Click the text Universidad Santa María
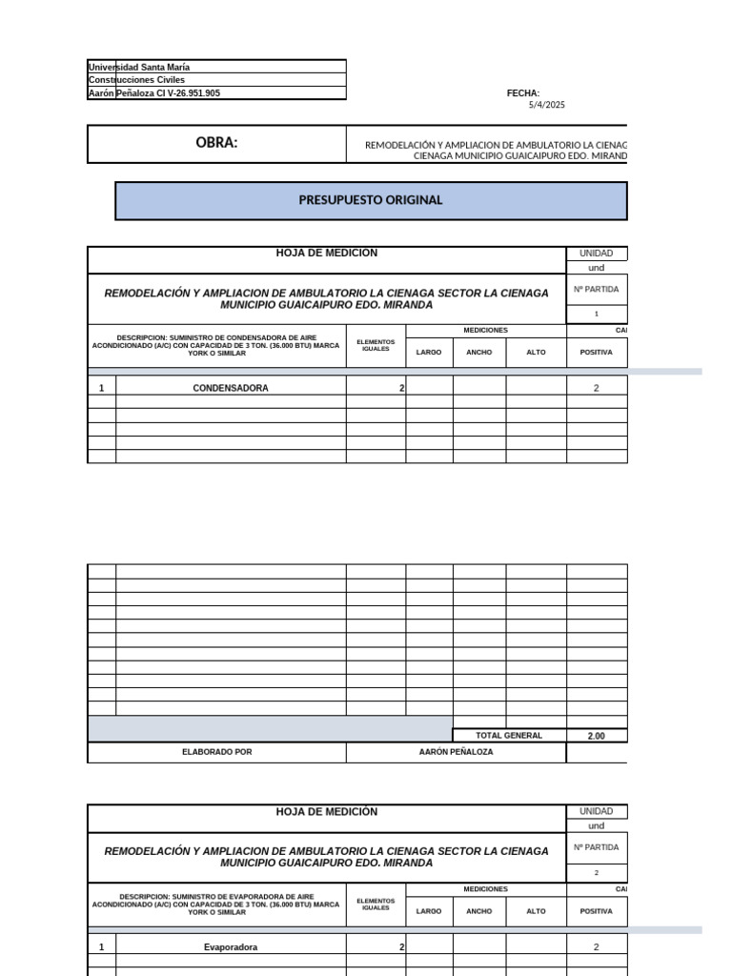(x=138, y=68)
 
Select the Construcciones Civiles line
(x=136, y=80)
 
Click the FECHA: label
(x=523, y=93)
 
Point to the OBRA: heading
(x=216, y=143)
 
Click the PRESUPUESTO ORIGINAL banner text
(x=371, y=200)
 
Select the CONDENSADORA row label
(x=231, y=388)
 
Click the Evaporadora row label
(x=231, y=947)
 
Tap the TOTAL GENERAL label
(x=509, y=736)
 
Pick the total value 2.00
(x=596, y=736)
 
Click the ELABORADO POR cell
(x=216, y=752)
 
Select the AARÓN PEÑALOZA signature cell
(x=456, y=752)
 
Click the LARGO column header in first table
(x=429, y=353)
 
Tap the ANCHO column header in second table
(x=479, y=911)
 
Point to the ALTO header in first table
(x=536, y=353)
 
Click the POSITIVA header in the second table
(x=596, y=911)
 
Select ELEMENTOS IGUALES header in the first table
(x=376, y=345)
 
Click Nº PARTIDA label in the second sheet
(x=596, y=847)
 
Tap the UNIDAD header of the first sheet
(x=596, y=254)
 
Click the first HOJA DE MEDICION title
(x=326, y=253)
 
